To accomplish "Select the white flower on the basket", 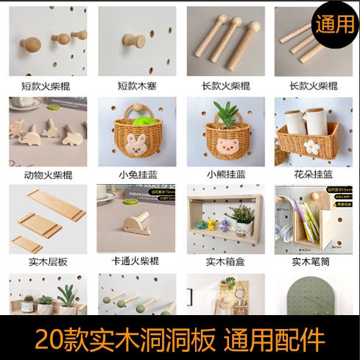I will click(x=302, y=144).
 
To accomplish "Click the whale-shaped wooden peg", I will click(x=137, y=222).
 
